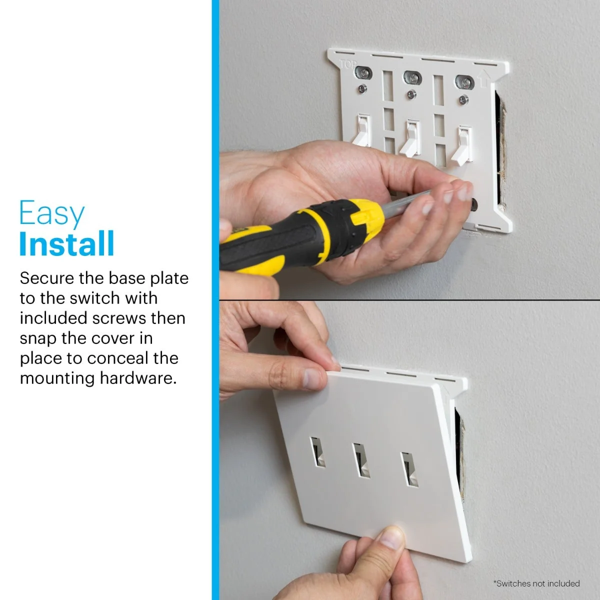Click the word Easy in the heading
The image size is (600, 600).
(x=52, y=213)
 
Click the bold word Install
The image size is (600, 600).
(x=67, y=244)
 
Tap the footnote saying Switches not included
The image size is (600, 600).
(x=536, y=583)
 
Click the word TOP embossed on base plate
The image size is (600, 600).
(x=348, y=65)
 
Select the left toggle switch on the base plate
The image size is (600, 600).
(x=362, y=130)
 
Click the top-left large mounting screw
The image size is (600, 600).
(x=363, y=73)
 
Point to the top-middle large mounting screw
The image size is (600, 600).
(x=412, y=78)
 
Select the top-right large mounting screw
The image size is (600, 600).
(x=464, y=82)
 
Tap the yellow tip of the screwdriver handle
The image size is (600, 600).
(x=367, y=213)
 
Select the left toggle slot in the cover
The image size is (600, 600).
(x=317, y=452)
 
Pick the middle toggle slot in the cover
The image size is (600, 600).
(x=361, y=460)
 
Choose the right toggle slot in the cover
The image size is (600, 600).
(x=410, y=470)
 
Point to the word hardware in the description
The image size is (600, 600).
(x=138, y=378)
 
